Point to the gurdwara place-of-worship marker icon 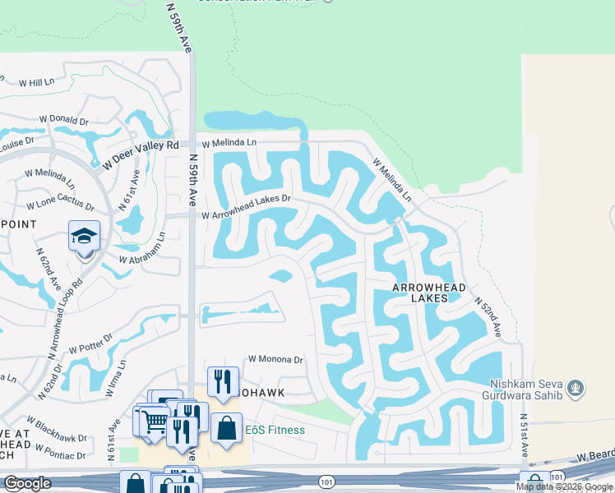point(576,386)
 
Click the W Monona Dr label point(275,360)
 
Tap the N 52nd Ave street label point(488,316)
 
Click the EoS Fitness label point(275,430)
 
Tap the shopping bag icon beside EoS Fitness point(226,428)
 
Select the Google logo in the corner point(27,484)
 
